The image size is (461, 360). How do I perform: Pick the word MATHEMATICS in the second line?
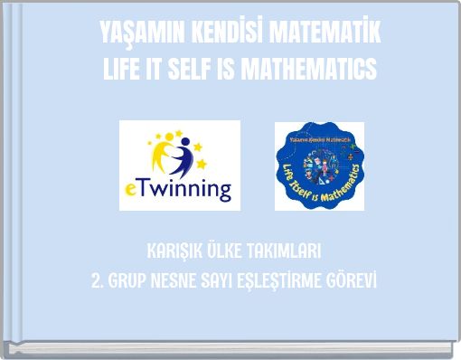[x=316, y=67]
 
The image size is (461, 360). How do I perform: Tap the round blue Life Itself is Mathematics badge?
[x=319, y=166]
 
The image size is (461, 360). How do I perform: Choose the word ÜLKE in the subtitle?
[x=225, y=250]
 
